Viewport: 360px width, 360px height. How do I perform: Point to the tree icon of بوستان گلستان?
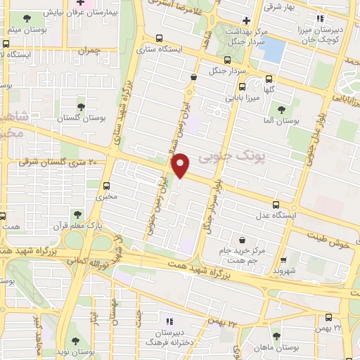coord(81,106)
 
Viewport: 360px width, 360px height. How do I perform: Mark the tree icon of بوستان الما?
coord(281,110)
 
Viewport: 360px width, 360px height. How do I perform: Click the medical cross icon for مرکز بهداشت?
coord(245,20)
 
